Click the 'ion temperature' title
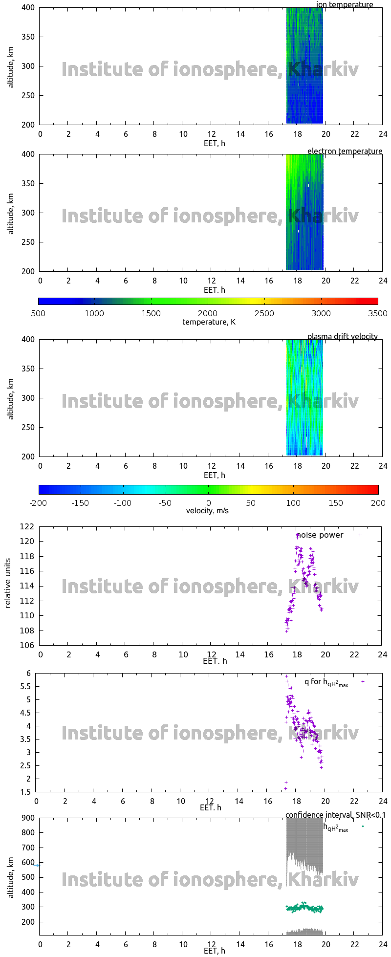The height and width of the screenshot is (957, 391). pyautogui.click(x=345, y=5)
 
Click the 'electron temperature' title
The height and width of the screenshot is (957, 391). pyautogui.click(x=345, y=152)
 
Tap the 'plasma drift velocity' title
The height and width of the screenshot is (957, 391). pyautogui.click(x=342, y=337)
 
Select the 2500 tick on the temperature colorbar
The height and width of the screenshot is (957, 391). pyautogui.click(x=264, y=313)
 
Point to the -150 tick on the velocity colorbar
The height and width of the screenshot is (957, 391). pyautogui.click(x=81, y=503)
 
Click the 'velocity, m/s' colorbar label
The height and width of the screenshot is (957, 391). pyautogui.click(x=207, y=511)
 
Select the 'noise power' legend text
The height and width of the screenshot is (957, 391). pyautogui.click(x=320, y=535)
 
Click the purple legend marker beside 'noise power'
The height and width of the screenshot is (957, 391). pyautogui.click(x=360, y=535)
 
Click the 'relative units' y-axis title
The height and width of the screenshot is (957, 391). pyautogui.click(x=8, y=586)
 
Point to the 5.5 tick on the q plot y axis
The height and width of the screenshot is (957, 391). pyautogui.click(x=25, y=687)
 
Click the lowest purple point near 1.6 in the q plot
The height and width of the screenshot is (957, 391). pyautogui.click(x=285, y=788)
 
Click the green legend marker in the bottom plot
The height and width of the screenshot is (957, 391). pyautogui.click(x=363, y=826)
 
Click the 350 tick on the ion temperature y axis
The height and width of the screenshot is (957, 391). pyautogui.click(x=28, y=37)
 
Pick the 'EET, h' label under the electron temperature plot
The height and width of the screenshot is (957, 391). pyautogui.click(x=215, y=290)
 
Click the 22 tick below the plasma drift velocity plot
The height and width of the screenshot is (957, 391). pyautogui.click(x=354, y=466)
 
